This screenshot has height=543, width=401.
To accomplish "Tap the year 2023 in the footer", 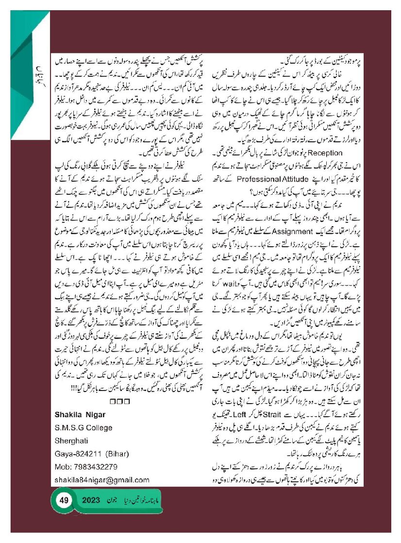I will pos(90,500).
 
